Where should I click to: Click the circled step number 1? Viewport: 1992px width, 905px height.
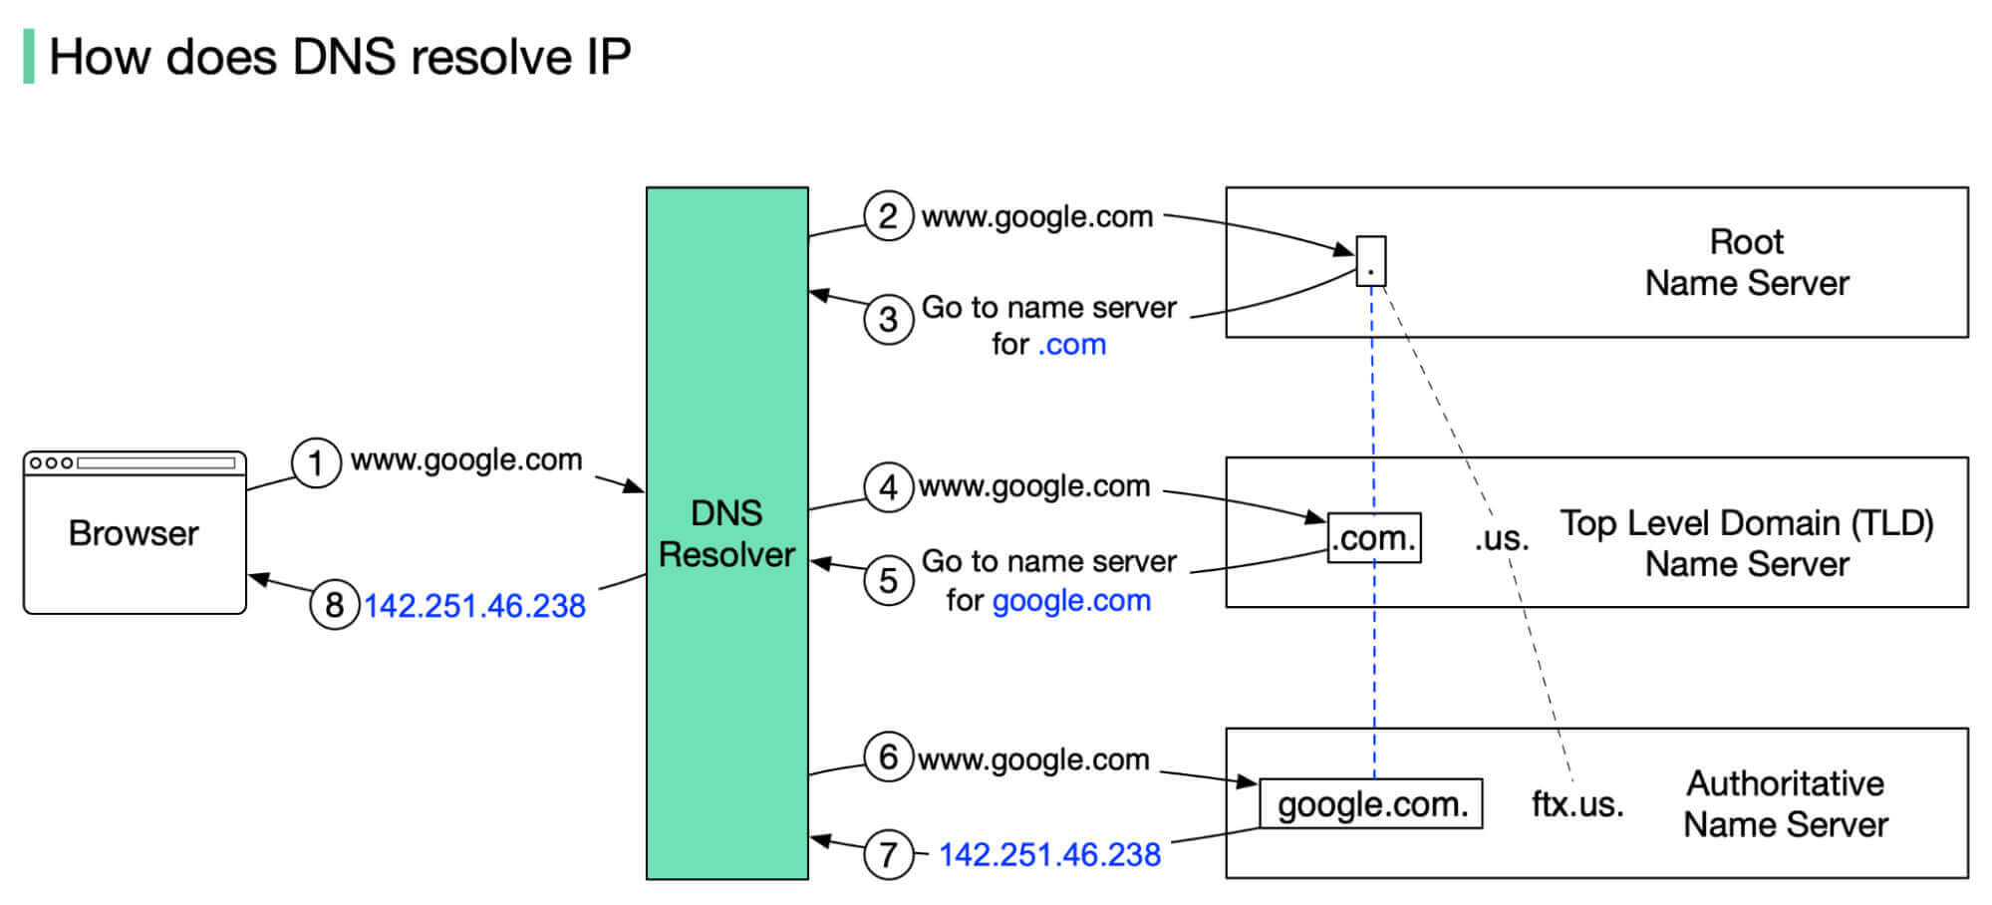pos(316,463)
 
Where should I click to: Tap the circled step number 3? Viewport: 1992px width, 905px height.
pos(889,320)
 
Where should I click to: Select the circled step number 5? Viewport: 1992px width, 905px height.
pos(889,580)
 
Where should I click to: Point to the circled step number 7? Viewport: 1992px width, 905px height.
pos(889,854)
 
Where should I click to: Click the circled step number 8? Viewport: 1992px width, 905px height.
pos(335,605)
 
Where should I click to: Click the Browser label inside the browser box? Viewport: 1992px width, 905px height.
pos(134,533)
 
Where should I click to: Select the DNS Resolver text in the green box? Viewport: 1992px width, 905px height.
pos(726,533)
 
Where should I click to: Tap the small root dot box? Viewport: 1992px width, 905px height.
pos(1371,261)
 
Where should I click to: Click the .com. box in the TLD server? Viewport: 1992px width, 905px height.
pos(1374,538)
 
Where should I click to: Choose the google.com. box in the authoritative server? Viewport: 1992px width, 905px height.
pos(1371,804)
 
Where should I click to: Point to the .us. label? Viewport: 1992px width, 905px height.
pos(1501,539)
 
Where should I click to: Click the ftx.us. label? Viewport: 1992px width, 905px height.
pos(1576,804)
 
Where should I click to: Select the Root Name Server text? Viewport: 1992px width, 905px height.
pos(1746,262)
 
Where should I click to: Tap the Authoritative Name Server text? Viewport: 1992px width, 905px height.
pos(1785,804)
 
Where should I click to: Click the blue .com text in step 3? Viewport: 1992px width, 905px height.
pos(1072,345)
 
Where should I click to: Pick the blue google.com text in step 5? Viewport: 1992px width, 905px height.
pos(1071,601)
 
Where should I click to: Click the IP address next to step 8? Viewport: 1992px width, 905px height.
pos(474,606)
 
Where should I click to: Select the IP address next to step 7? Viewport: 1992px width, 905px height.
pos(1049,855)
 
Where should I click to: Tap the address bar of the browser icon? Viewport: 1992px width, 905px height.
pos(156,462)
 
